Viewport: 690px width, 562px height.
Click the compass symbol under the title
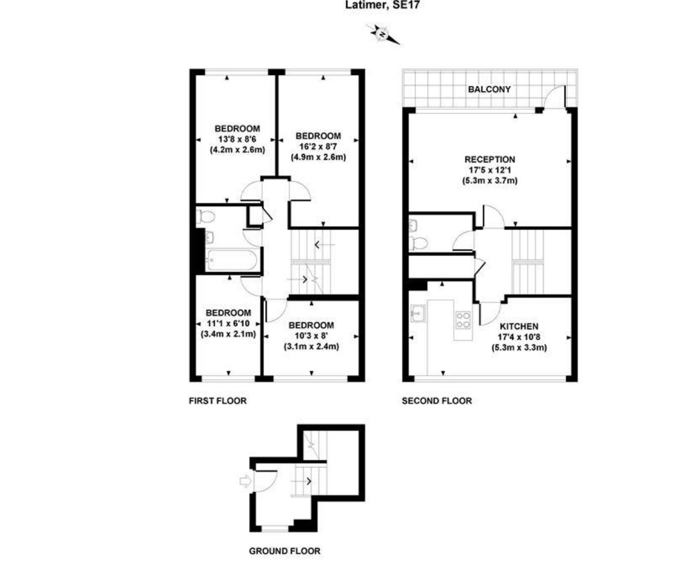click(383, 34)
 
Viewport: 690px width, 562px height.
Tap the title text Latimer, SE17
click(382, 6)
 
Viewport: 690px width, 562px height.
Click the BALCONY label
click(489, 89)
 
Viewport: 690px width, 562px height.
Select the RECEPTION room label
click(490, 160)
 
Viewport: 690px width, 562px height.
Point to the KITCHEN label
click(519, 327)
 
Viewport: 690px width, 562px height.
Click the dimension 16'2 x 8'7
click(318, 147)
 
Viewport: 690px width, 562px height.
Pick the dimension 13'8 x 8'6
click(237, 139)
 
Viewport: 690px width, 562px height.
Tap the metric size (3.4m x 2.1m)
click(228, 334)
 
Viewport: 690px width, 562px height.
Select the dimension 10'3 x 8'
click(311, 336)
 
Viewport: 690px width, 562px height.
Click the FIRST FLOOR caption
click(217, 401)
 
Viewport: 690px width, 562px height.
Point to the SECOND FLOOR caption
click(436, 401)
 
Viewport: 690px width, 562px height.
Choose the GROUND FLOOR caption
click(284, 551)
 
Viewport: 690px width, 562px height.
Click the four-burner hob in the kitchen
click(463, 320)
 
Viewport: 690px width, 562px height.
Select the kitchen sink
click(418, 314)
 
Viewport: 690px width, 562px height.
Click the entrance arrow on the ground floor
click(244, 481)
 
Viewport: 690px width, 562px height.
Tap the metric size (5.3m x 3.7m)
click(490, 180)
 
